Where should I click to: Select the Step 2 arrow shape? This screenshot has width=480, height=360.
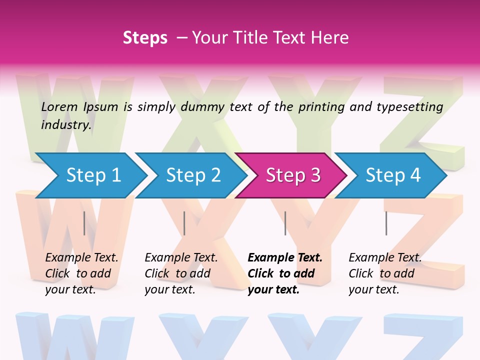click(193, 175)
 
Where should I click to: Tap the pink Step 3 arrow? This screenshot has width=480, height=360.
click(293, 175)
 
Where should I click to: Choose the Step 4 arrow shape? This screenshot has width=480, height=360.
click(393, 175)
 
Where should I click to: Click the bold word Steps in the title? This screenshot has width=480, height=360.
click(145, 37)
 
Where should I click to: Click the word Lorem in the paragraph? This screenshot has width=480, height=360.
click(59, 106)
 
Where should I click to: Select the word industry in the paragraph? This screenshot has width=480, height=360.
click(65, 124)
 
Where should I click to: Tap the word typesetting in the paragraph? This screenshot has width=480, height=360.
click(409, 107)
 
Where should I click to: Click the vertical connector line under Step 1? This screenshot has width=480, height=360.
click(84, 223)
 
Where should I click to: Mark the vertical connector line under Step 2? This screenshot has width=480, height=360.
click(184, 223)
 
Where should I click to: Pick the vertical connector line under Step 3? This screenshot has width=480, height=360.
click(285, 223)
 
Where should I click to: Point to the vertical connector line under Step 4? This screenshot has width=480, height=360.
click(386, 223)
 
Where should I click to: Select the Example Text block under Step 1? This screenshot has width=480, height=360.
click(81, 273)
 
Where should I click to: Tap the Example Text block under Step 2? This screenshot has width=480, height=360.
click(181, 273)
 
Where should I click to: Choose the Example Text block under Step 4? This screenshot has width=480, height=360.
click(385, 273)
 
